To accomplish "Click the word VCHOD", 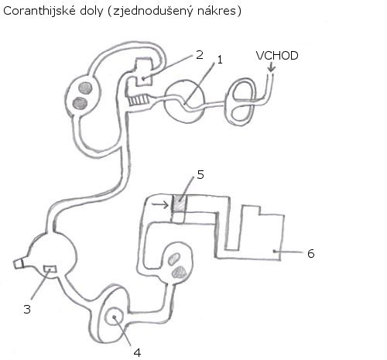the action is coord(277,56).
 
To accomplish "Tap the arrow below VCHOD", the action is coord(271,67).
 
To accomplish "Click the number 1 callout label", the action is coord(220,60).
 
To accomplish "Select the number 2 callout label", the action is coord(200,55).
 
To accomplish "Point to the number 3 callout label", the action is coord(27,309).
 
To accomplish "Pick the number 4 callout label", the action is coord(138,352).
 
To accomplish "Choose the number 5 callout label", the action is coord(200,175).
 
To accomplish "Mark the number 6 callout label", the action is coord(311,253).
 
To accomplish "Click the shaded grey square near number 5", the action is coord(179,204).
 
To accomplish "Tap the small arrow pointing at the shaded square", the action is coord(160,204).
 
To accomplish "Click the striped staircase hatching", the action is coord(139,100).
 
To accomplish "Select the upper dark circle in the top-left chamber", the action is coord(85,88).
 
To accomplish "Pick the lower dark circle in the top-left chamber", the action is coord(80,104).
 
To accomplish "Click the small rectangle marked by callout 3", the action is coord(50,269).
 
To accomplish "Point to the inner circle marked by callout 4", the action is coord(114,317).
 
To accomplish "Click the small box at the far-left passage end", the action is coord(19,264).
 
